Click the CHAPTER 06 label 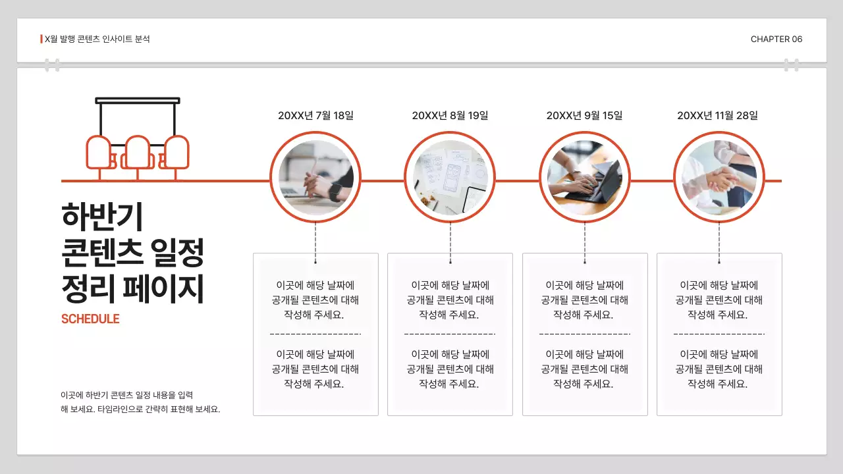tap(776, 39)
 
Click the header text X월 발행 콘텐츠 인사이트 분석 tap(97, 39)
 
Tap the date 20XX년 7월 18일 tap(315, 116)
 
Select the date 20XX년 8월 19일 tap(450, 116)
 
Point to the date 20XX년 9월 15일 tap(584, 116)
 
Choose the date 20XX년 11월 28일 tap(717, 116)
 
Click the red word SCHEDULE tap(90, 319)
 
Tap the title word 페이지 tap(171, 290)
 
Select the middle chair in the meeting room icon tap(138, 153)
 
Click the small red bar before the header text tap(41, 39)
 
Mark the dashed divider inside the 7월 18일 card tap(315, 334)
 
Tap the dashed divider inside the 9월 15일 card tap(584, 334)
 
